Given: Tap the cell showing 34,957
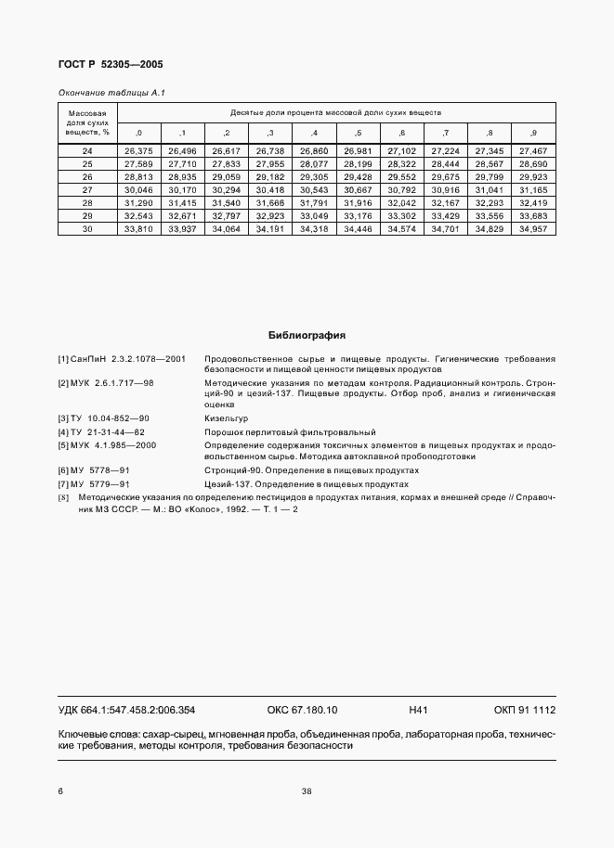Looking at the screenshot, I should [533, 227].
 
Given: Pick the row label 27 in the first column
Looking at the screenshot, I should [87, 188].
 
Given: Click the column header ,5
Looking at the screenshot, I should [358, 133].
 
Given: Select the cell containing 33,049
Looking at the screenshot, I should [313, 214].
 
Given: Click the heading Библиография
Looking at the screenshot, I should [307, 336].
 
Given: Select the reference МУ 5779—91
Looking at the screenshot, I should [98, 483].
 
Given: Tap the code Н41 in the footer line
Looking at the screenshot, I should [417, 711].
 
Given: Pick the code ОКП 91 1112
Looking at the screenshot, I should [524, 711].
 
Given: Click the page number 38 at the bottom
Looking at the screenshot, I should [307, 791].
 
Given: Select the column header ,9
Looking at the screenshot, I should [533, 133].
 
